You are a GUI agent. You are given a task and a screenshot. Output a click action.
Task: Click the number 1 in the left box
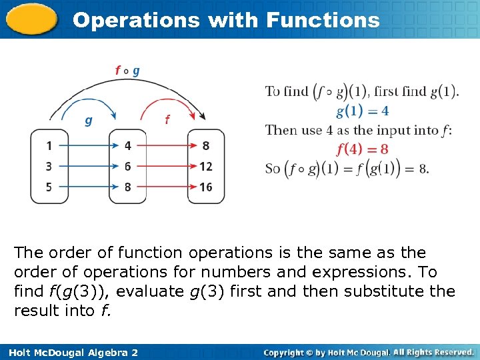pos(49,146)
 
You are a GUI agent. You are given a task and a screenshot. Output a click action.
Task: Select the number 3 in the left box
pos(49,167)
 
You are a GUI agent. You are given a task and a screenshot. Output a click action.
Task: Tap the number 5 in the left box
pos(49,187)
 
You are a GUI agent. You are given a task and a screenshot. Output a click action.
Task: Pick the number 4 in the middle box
pos(127,146)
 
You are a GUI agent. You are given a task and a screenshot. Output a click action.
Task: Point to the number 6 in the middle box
pos(127,167)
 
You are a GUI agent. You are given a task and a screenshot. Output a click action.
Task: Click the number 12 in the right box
pos(205,167)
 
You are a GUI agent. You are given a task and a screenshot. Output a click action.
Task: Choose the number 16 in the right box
pos(205,187)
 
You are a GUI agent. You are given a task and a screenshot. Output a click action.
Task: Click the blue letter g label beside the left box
pos(88,121)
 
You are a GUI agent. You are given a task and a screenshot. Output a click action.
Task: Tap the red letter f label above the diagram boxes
pos(167,120)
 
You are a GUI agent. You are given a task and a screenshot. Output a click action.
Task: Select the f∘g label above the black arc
pos(127,70)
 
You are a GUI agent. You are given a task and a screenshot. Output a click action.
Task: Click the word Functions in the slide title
pos(323,20)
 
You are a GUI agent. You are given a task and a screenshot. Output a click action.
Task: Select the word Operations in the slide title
pos(136,20)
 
